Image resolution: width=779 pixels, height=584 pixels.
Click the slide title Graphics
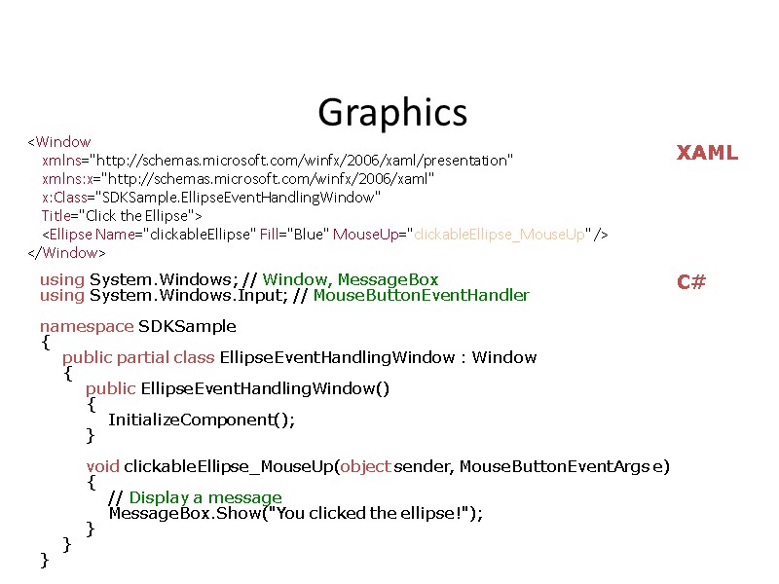point(392,113)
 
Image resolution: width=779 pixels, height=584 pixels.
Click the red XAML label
point(707,153)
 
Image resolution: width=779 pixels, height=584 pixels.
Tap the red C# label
point(691,282)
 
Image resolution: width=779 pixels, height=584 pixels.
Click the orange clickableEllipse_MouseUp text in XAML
point(500,234)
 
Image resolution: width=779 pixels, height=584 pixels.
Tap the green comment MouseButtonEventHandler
point(421,295)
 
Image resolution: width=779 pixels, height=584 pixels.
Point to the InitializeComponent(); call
point(201,420)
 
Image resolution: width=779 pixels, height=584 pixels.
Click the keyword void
point(102,466)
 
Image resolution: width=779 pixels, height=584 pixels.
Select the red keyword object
point(365,466)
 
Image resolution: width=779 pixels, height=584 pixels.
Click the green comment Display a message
point(204,497)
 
